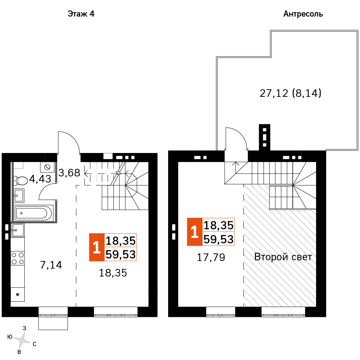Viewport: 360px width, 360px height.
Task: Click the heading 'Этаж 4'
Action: click(x=81, y=14)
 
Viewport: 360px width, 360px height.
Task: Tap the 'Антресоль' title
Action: click(x=303, y=14)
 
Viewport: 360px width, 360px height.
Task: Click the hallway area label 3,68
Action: click(x=69, y=173)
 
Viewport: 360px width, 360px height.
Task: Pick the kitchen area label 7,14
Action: click(x=51, y=265)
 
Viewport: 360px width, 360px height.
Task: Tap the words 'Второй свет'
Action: click(x=283, y=257)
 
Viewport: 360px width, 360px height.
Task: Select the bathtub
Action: click(x=33, y=213)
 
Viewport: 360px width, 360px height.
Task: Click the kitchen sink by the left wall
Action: click(x=17, y=230)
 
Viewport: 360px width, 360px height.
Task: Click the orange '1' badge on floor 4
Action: click(x=96, y=247)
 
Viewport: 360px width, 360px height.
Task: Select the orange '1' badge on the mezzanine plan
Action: click(x=194, y=232)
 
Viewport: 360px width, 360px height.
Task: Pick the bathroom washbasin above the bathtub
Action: click(x=19, y=196)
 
